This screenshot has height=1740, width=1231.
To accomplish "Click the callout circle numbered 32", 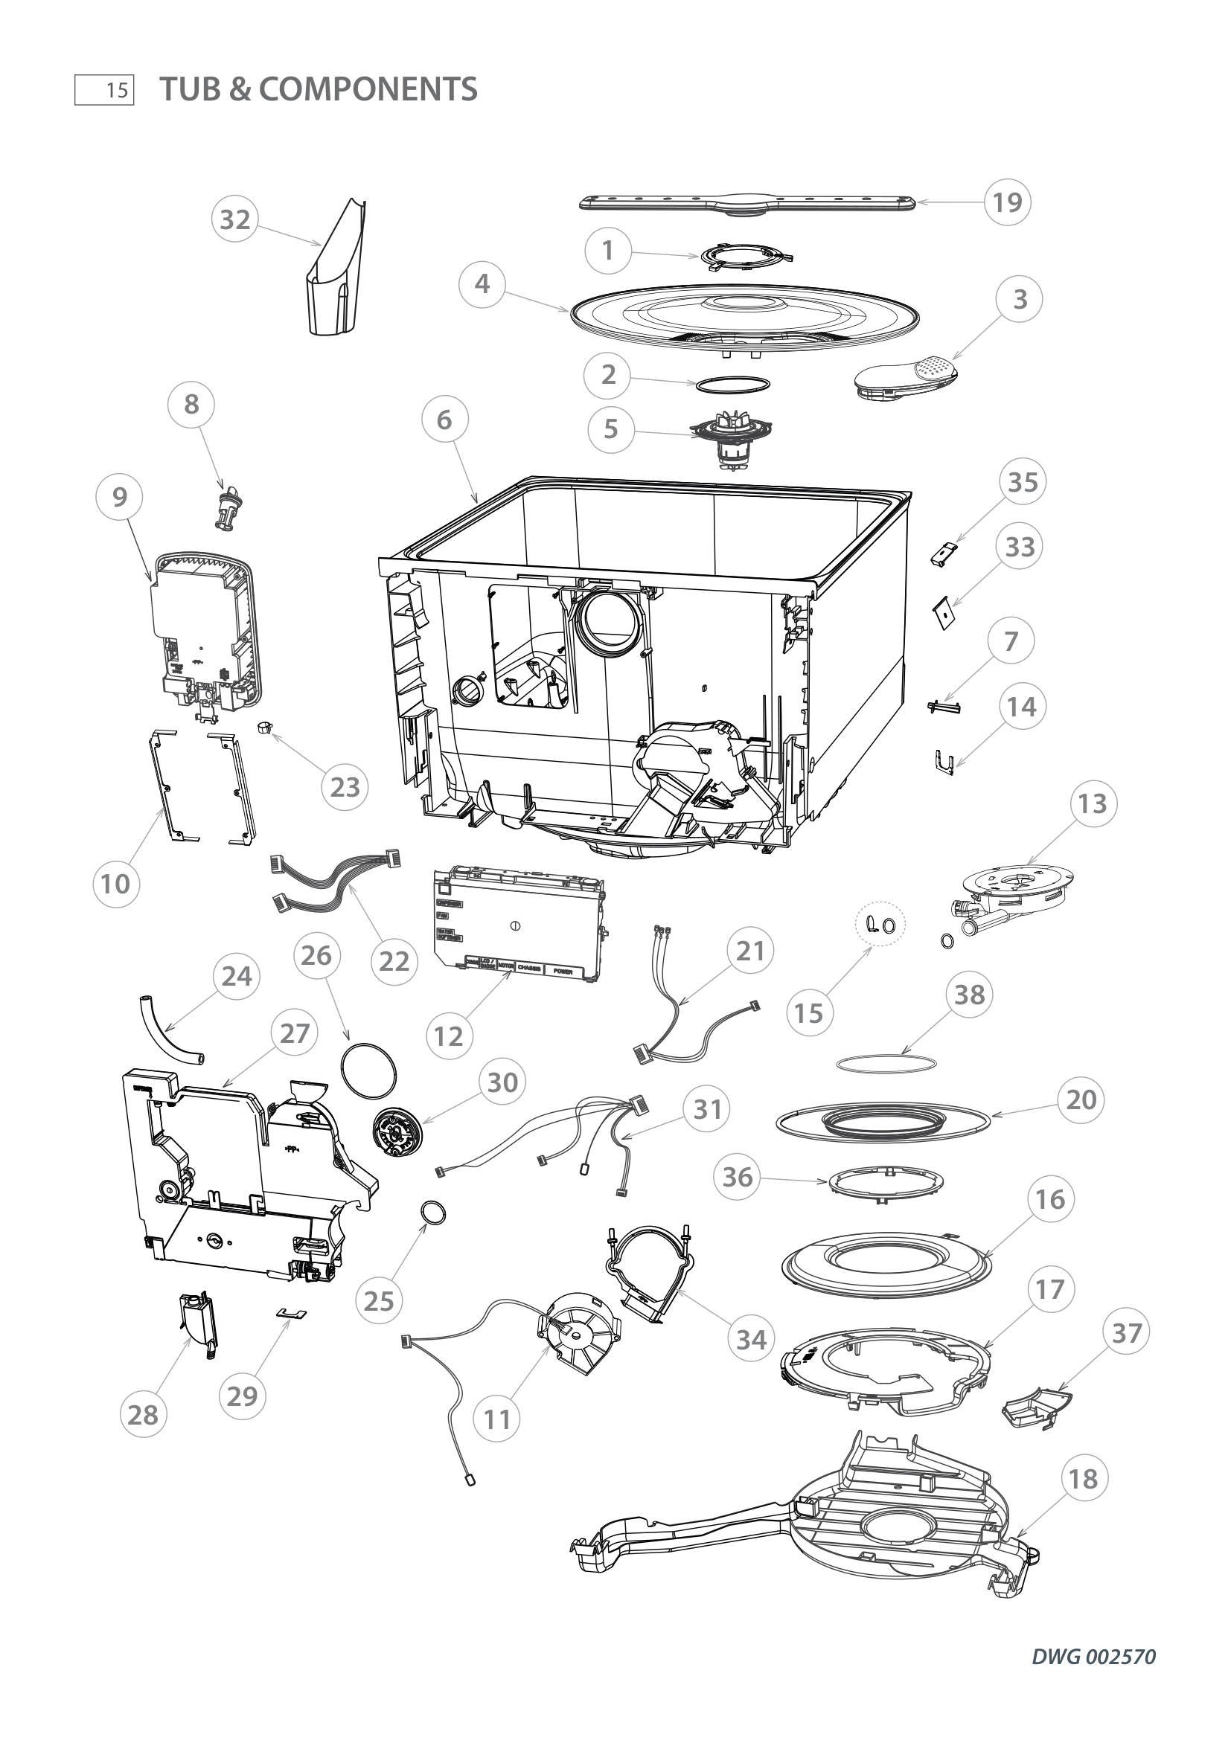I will tap(235, 219).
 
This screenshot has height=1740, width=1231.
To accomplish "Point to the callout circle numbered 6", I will tap(444, 419).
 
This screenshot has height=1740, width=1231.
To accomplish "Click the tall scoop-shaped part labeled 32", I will tap(336, 273).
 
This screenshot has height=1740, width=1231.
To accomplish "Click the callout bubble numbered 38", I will tap(970, 995).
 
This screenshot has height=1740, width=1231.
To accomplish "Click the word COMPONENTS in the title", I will tap(368, 89).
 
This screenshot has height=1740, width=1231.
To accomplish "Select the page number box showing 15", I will tap(104, 90).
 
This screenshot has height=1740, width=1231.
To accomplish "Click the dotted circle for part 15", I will tap(880, 923).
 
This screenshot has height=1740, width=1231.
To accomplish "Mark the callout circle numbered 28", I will tap(143, 1414).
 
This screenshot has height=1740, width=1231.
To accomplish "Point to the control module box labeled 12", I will tap(519, 925).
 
